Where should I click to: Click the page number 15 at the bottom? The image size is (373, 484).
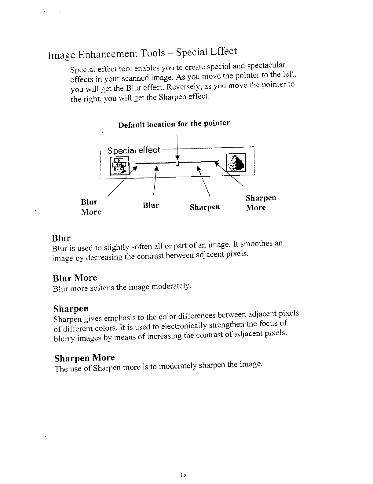coord(183,475)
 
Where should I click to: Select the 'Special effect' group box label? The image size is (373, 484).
coord(134,150)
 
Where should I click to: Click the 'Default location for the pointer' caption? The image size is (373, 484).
coord(174,124)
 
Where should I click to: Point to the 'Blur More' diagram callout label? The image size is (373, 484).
coord(91,207)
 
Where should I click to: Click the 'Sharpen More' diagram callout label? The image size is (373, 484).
coord(261,203)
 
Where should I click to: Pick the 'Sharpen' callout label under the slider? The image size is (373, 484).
coord(205,207)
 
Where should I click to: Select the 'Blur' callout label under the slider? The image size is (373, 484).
coord(151,205)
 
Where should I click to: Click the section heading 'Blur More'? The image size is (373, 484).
coord(75,278)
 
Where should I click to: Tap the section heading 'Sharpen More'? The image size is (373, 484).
coord(84,358)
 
